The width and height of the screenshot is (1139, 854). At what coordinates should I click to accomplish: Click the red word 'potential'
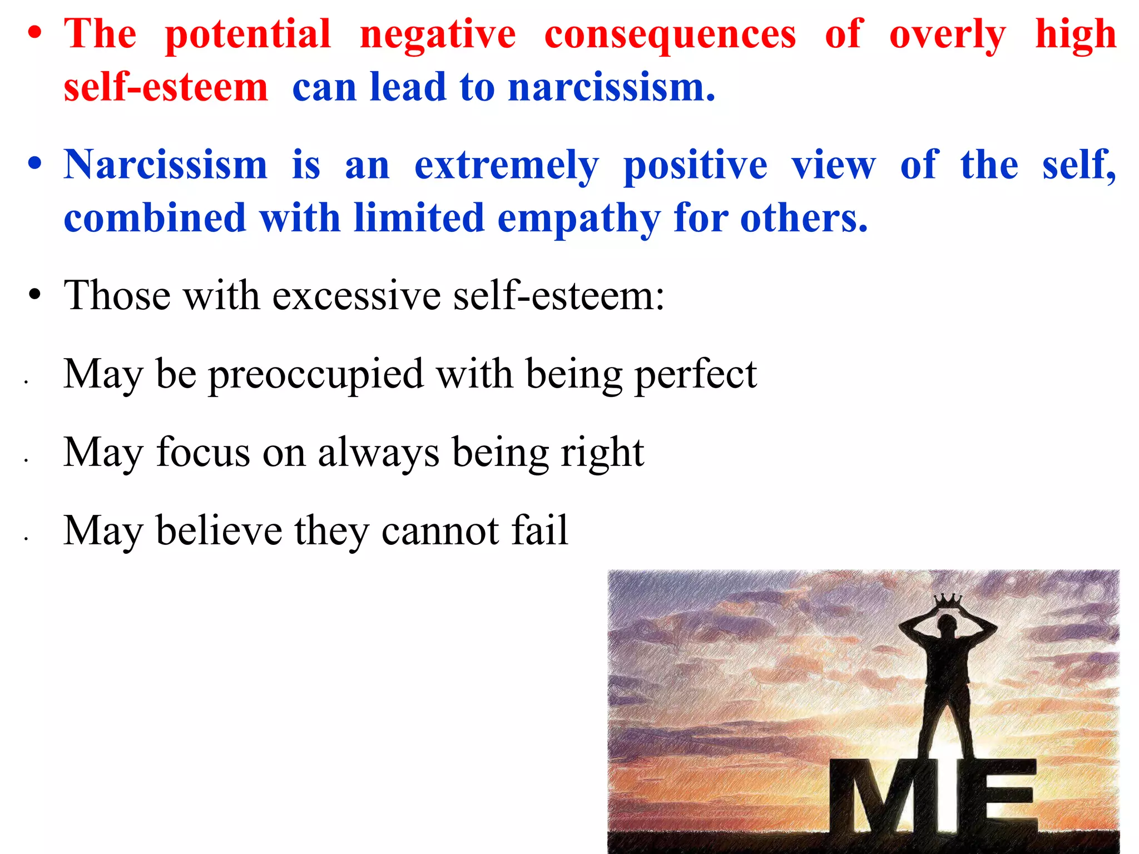pos(247,34)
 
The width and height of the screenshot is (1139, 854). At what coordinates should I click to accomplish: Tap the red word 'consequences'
pos(670,34)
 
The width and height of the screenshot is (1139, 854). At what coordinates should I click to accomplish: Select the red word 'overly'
pos(947,34)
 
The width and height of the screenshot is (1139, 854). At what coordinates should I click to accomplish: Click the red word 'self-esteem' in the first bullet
pos(166,87)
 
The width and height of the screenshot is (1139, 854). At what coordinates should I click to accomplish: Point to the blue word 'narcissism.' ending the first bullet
pos(612,87)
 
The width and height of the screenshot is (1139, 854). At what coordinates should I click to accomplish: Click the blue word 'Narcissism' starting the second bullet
pos(165,165)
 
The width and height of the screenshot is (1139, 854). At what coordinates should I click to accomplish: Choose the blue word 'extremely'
pos(507,166)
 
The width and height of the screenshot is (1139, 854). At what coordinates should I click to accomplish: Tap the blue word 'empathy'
pos(579,218)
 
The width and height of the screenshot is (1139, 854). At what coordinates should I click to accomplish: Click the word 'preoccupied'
pos(316,374)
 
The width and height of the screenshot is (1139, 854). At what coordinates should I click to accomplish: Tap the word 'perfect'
pos(696,374)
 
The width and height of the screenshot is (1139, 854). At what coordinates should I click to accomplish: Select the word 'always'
pos(378,453)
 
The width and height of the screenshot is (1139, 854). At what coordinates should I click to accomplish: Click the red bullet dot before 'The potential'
pos(35,34)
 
